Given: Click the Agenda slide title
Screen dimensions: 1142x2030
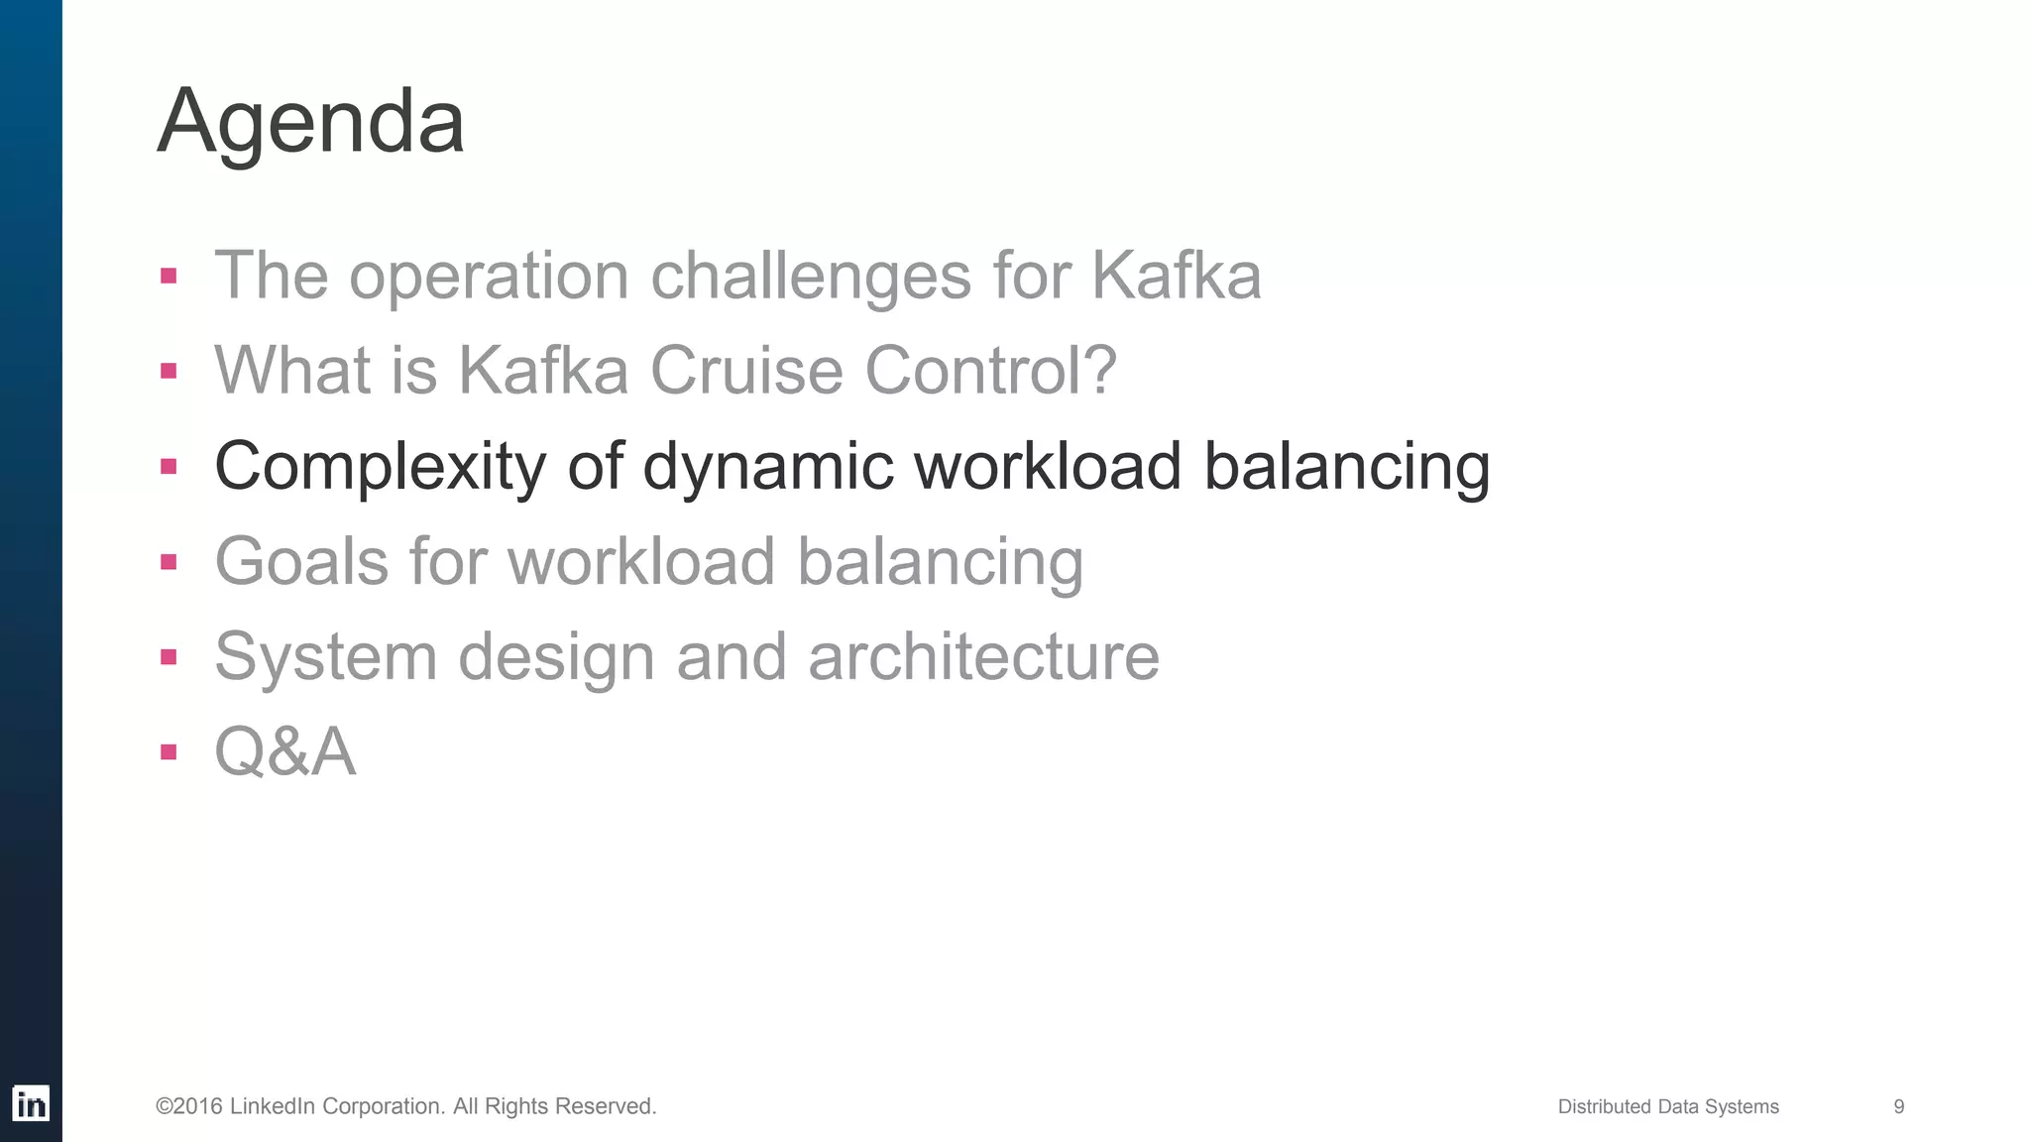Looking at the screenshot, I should tap(310, 122).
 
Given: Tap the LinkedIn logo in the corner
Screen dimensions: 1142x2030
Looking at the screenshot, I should tap(31, 1103).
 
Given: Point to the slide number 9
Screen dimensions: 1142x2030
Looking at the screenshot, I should tap(1898, 1106).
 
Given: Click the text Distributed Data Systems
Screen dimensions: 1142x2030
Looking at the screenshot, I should tap(1668, 1106).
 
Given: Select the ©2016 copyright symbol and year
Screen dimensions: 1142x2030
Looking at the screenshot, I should tap(189, 1106).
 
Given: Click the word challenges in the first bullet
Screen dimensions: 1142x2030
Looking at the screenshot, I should tap(810, 275).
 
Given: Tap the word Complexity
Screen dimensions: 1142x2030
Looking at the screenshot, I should tap(380, 466).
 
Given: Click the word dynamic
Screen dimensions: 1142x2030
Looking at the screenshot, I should tap(767, 466).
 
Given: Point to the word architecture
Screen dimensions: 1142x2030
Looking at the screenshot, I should tap(983, 656).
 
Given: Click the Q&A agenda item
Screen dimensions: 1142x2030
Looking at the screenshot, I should tap(285, 751).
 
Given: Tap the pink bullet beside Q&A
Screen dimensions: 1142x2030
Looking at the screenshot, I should tap(169, 751).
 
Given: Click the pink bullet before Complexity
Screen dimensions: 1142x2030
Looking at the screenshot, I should tap(169, 466).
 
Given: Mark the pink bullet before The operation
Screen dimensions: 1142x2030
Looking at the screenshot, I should tap(169, 276).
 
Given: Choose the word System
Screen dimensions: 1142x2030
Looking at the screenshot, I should tap(325, 656).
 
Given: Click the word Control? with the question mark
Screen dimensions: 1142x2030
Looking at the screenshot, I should tap(990, 370).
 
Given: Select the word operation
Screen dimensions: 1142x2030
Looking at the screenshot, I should tap(489, 277).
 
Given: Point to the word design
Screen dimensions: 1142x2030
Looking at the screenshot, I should tap(556, 656).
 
